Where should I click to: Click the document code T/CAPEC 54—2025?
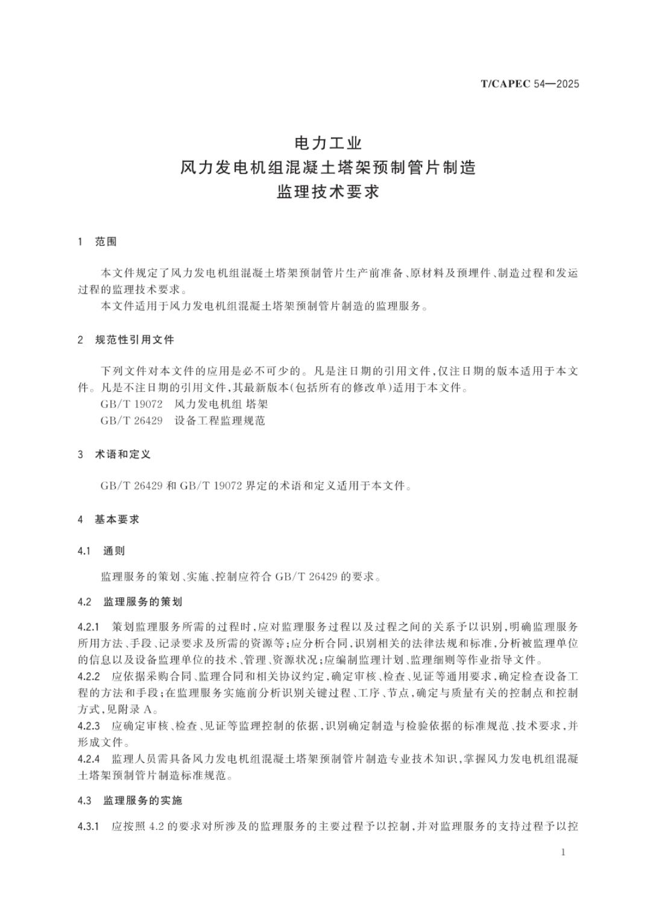[529, 84]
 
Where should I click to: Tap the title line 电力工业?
[328, 143]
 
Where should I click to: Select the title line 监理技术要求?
[328, 192]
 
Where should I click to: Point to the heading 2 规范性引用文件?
[126, 340]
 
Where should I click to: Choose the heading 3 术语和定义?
[114, 454]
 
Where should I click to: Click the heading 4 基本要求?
[109, 519]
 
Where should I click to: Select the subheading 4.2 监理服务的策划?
[130, 601]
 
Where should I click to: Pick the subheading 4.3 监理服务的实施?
[130, 800]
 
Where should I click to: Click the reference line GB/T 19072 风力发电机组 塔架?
[184, 404]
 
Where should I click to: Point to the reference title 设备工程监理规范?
[219, 421]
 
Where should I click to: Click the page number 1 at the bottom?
[563, 852]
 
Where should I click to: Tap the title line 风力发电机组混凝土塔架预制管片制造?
[328, 168]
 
